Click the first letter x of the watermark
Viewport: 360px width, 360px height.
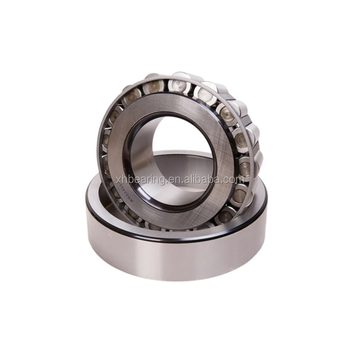pyautogui.click(x=119, y=180)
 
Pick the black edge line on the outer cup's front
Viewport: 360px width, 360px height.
pyautogui.click(x=180, y=239)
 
